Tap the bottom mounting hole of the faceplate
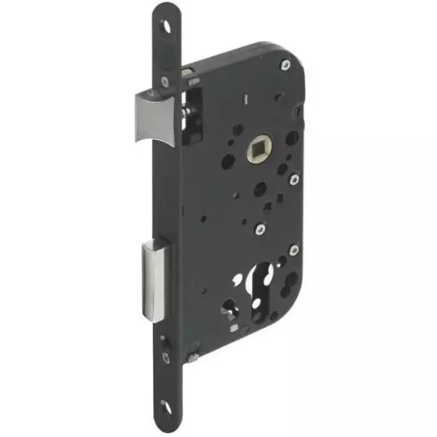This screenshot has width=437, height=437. point(166,409)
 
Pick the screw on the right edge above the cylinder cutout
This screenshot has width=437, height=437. point(294,250)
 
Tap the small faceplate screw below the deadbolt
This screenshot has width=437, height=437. point(166,357)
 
